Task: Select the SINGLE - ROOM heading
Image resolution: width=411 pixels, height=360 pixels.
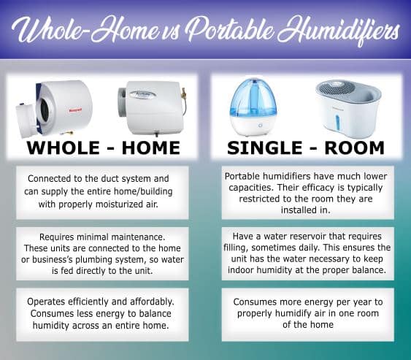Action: click(306, 148)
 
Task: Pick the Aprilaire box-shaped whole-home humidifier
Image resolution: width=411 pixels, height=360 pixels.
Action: click(150, 107)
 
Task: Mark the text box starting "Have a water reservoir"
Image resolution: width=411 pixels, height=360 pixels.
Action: click(306, 253)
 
